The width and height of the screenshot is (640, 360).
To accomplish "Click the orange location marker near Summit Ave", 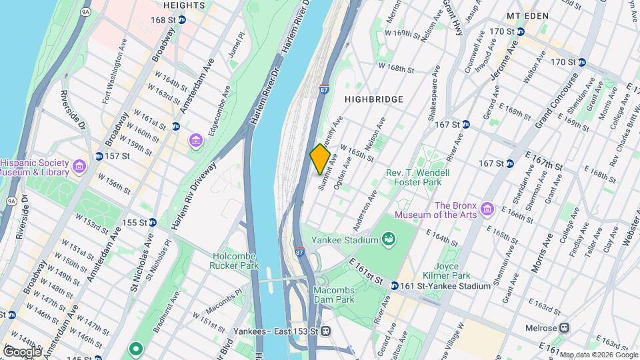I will click(x=320, y=159).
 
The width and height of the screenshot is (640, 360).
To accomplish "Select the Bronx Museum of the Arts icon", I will click(x=487, y=210).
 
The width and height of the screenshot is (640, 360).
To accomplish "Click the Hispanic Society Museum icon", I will click(x=79, y=165).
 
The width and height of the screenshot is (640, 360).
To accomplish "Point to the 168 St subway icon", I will click(x=181, y=19).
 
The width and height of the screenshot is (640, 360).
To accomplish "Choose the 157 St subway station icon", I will click(x=98, y=156).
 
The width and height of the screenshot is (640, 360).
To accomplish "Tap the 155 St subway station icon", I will click(x=152, y=223).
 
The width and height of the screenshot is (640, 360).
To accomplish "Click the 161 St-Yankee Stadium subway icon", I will click(x=395, y=286).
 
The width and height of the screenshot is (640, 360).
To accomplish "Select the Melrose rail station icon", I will click(x=564, y=327).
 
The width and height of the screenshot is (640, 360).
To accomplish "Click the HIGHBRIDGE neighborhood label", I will click(x=373, y=99).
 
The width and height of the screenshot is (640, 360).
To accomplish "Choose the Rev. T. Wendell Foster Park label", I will click(x=418, y=177).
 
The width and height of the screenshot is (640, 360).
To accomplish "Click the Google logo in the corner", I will click(x=21, y=351).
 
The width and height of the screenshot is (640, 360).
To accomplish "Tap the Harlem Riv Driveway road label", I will click(x=195, y=196).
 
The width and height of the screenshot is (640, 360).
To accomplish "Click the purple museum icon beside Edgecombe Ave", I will click(x=196, y=141).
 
